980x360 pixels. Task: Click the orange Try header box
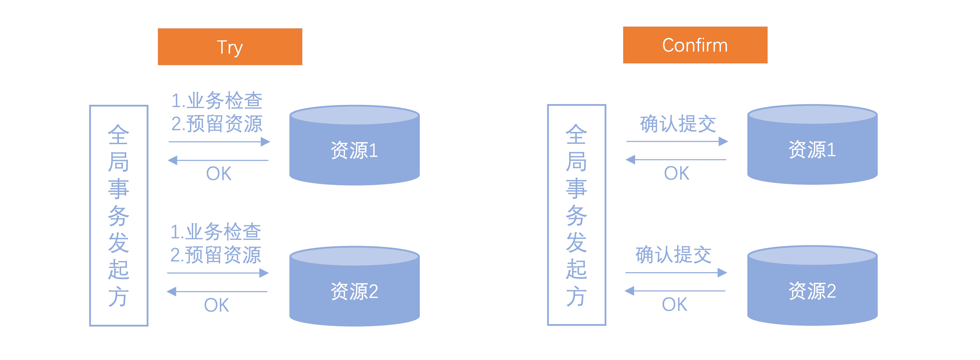coord(230,46)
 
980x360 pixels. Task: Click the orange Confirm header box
coord(695,45)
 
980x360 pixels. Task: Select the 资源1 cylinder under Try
coord(354,145)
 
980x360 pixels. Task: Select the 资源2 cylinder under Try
coord(354,286)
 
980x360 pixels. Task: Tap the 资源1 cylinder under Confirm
coord(812,145)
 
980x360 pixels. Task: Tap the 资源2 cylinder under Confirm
coord(812,285)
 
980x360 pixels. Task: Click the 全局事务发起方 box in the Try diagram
coord(119,215)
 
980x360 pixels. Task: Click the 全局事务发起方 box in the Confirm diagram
coord(576,215)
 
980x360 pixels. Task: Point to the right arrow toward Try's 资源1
coord(219,142)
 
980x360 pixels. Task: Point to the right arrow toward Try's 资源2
coord(218,273)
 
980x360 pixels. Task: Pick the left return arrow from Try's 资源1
coord(218,160)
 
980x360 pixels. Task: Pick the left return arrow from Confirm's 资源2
coord(675,291)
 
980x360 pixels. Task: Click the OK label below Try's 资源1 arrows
coord(219,174)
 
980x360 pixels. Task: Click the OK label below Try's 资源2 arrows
coord(216,305)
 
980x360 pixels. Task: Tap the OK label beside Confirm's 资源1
coord(676,173)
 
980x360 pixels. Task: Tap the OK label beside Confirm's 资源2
coord(675,305)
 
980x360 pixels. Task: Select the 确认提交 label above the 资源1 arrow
coord(678,124)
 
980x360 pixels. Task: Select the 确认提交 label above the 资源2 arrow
coord(673,255)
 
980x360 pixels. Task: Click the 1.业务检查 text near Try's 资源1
coord(217,100)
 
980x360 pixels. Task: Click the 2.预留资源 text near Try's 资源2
coord(216,255)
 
